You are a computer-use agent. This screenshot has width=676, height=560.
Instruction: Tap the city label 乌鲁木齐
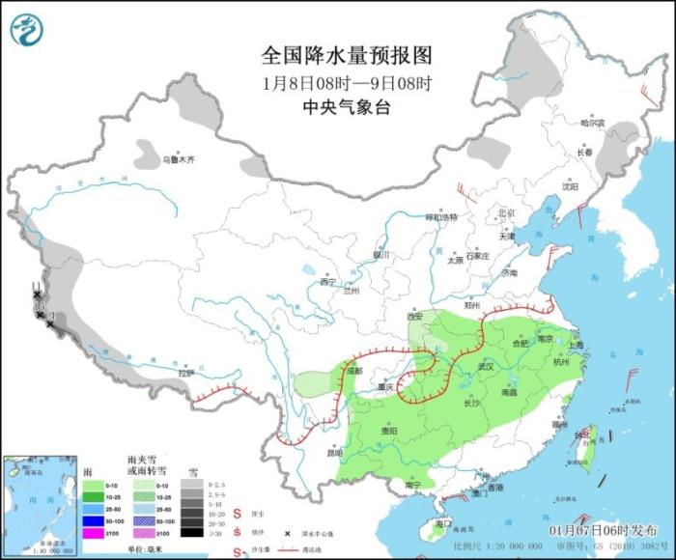pos(178,159)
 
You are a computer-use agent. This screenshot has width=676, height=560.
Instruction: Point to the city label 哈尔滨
pos(591,124)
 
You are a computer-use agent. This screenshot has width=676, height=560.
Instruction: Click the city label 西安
pos(415,316)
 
